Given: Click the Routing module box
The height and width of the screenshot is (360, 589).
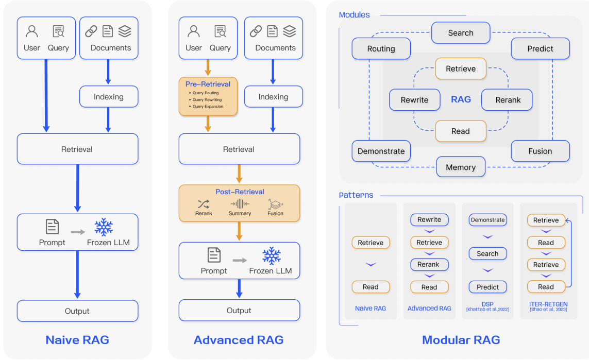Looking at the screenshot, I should click(x=381, y=49).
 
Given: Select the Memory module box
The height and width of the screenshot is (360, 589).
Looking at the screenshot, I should click(x=461, y=167).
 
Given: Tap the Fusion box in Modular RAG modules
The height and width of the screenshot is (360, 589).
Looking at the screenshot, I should click(x=540, y=151).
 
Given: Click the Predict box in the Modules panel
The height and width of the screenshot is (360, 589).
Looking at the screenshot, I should click(x=540, y=49).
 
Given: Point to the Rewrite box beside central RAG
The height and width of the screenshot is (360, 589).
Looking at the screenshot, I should click(x=414, y=100).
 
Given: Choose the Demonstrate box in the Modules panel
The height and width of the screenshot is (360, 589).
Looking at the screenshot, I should click(x=381, y=151).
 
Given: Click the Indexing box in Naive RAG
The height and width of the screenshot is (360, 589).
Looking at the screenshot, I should click(x=109, y=97).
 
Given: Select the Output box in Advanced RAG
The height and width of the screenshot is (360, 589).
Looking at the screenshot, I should click(x=239, y=311).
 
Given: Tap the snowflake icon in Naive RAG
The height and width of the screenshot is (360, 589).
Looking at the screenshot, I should click(x=104, y=227).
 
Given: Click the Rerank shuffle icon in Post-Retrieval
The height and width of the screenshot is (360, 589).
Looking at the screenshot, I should click(x=204, y=204).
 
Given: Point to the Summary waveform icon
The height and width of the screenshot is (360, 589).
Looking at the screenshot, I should click(x=240, y=204).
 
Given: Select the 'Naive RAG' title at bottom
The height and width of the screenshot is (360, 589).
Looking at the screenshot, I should click(x=77, y=340).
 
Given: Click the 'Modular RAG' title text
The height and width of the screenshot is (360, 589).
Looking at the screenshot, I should click(x=461, y=340).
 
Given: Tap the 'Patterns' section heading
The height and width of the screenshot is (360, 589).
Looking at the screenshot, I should click(x=356, y=195).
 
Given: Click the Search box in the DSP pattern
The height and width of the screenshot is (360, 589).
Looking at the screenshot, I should click(x=487, y=254).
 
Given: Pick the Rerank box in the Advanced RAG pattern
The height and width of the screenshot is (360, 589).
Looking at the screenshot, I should click(x=429, y=265).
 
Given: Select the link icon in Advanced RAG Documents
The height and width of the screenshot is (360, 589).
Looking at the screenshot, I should click(x=256, y=32).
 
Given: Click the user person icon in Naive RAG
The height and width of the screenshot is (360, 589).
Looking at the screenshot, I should click(x=32, y=32).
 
